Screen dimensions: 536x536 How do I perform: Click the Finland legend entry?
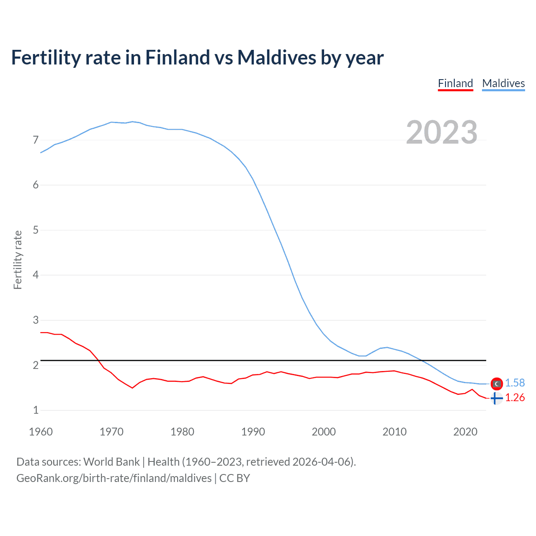click(455, 83)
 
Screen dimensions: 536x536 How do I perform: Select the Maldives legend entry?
click(503, 83)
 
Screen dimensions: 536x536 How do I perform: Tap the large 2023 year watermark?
click(442, 132)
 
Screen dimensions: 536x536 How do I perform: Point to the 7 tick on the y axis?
click(36, 140)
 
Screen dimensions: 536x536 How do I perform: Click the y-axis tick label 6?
click(36, 185)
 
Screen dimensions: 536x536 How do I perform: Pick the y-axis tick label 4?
click(36, 275)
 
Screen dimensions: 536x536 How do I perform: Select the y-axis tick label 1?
click(36, 410)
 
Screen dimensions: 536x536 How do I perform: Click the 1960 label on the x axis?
click(41, 432)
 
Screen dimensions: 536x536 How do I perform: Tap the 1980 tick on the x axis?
click(182, 432)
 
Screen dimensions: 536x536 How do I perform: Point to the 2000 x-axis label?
click(324, 432)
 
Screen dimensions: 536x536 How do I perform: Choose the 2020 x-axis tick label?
click(465, 432)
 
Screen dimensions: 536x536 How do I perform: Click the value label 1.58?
click(515, 383)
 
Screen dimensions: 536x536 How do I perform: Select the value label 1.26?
click(515, 398)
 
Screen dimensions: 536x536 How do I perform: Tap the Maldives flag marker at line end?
click(496, 384)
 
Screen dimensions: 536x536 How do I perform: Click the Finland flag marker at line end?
click(496, 398)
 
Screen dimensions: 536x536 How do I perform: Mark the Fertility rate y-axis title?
click(18, 260)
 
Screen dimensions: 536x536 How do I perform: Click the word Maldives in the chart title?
click(277, 57)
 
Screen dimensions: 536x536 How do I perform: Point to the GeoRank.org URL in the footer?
click(114, 478)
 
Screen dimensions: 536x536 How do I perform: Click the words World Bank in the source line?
click(111, 462)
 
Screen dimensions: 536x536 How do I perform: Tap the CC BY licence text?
click(234, 478)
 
